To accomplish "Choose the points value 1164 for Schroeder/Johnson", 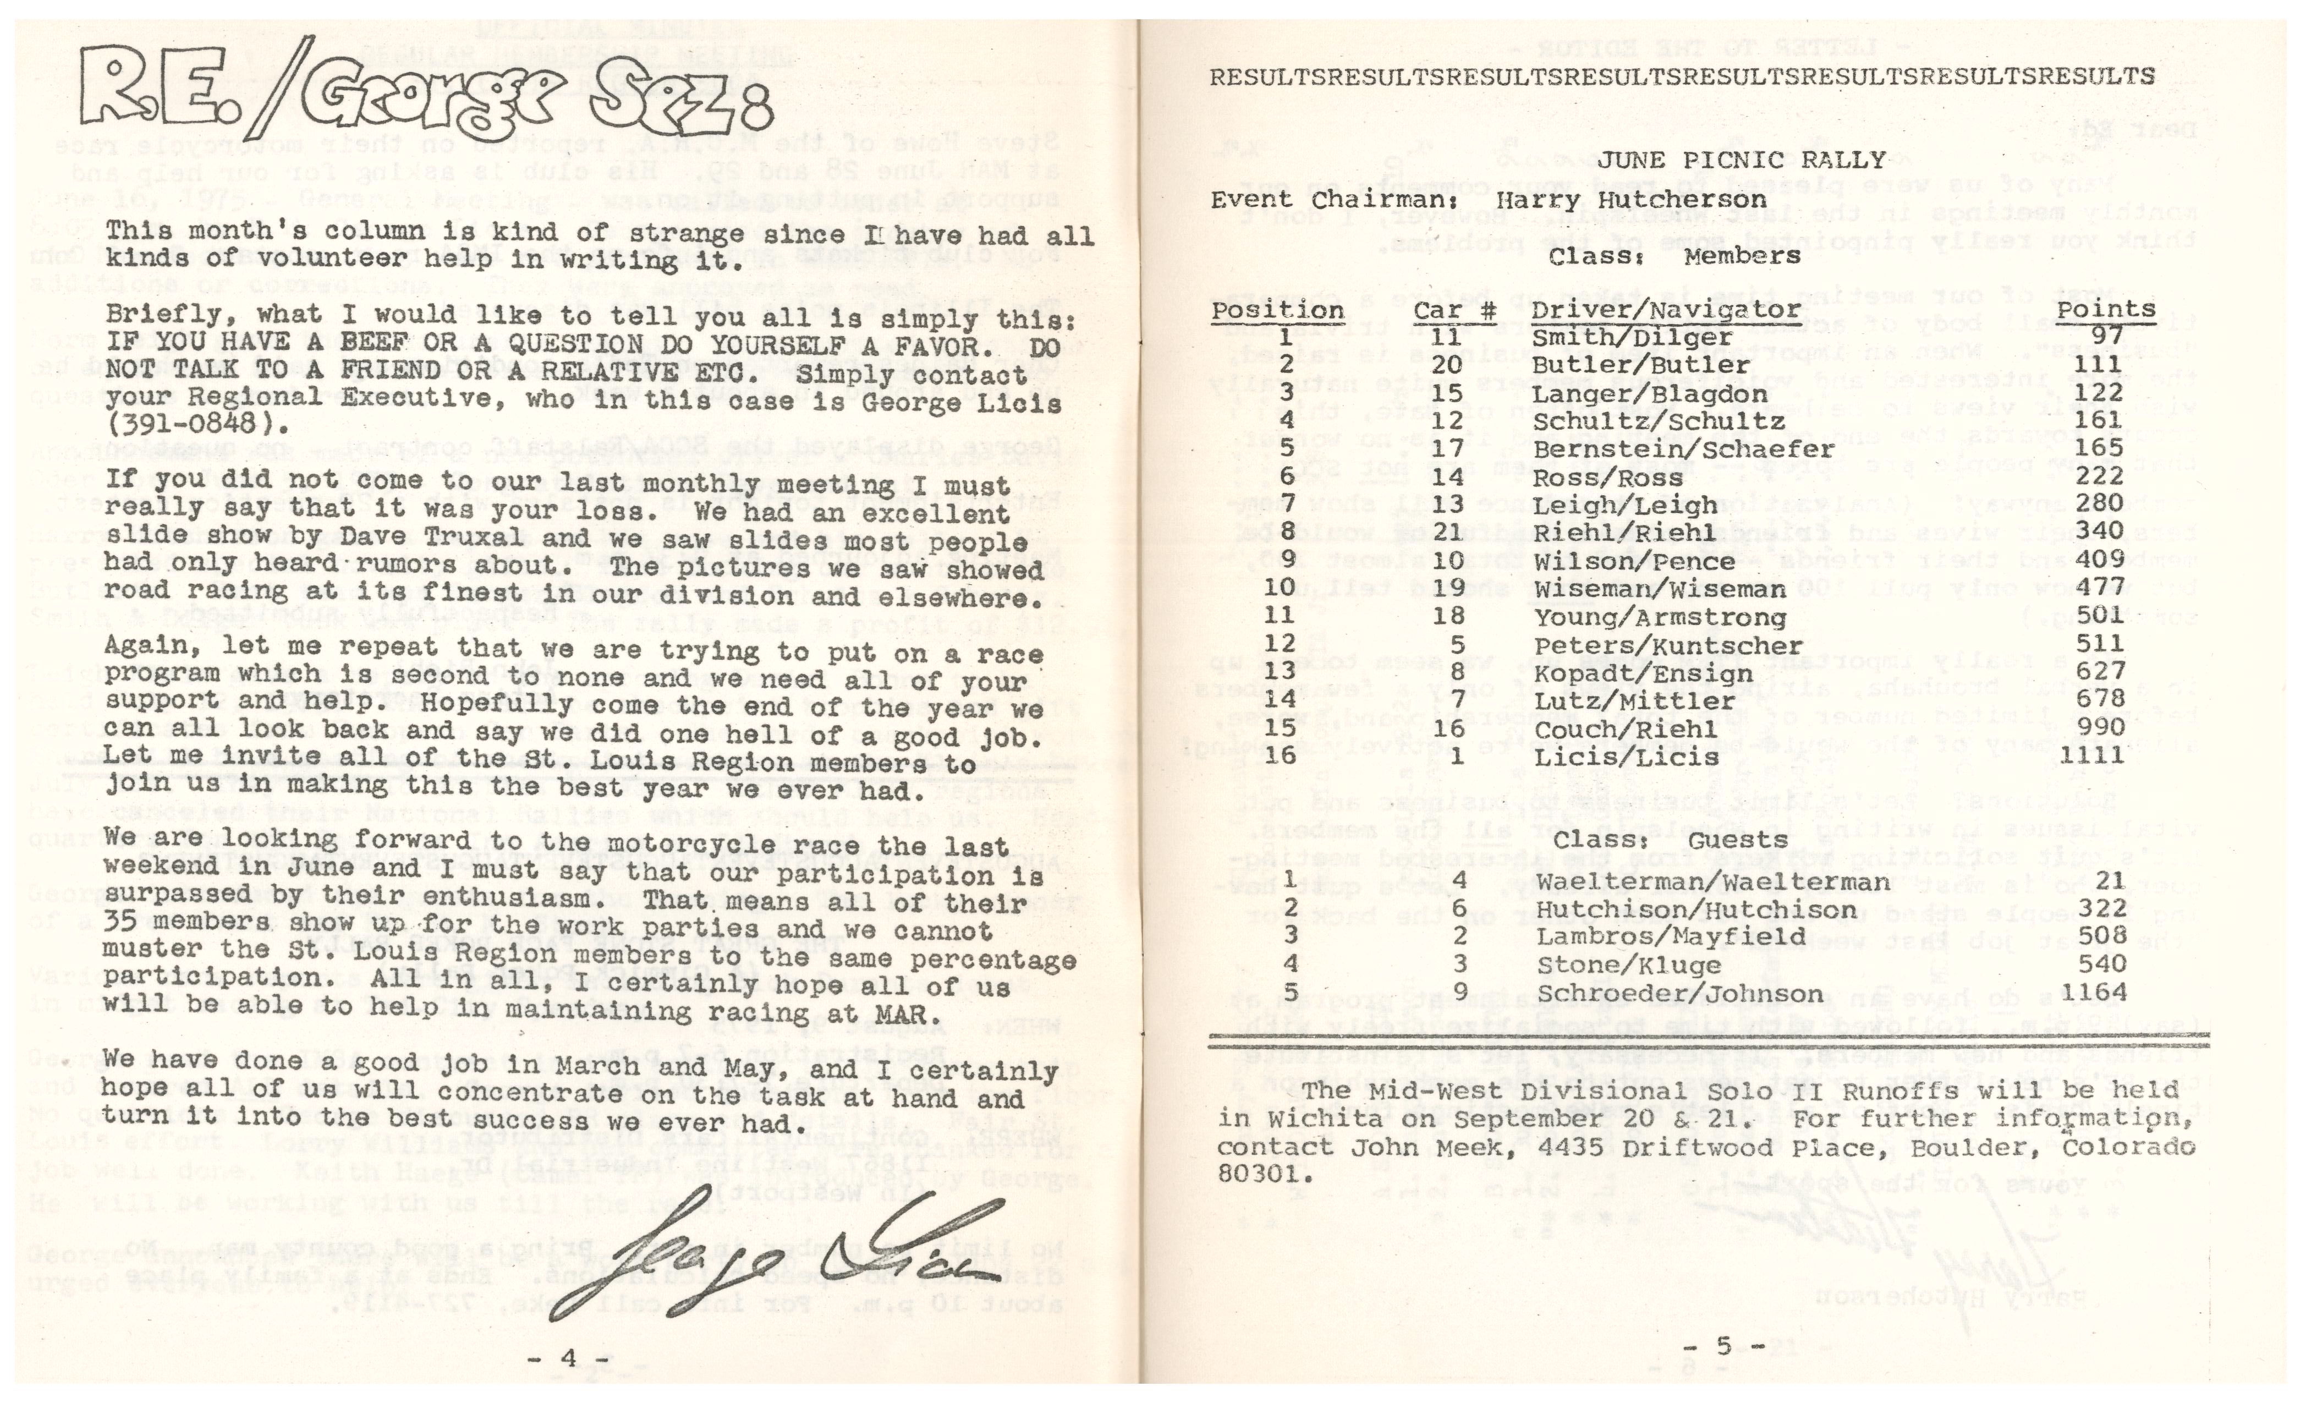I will click(2091, 992).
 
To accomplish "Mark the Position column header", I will click(1277, 311).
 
